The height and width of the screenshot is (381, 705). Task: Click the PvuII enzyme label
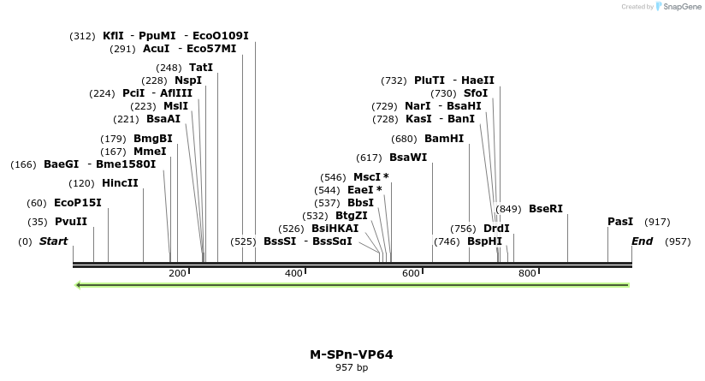point(71,222)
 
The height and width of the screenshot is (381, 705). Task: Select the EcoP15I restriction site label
point(78,203)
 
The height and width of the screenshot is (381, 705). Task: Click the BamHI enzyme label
point(444,139)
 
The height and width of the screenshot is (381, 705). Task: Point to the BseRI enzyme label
point(546,208)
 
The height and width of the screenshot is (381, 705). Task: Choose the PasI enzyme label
point(620,222)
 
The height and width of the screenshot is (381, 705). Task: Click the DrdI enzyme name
point(496,229)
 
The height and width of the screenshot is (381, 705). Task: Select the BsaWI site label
point(408,158)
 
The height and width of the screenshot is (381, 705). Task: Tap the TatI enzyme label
point(201,68)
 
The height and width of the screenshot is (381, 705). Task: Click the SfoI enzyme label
point(476,93)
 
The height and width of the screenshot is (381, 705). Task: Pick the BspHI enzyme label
point(484,241)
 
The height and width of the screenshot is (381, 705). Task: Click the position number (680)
point(404,139)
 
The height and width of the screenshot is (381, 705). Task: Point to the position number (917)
point(657,222)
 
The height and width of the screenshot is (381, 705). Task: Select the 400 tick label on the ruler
point(293,273)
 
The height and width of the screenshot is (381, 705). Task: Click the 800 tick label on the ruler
point(527,273)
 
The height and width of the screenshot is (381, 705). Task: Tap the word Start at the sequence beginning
point(53,241)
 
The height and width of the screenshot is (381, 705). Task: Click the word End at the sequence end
point(642,241)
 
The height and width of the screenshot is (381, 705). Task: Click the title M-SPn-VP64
point(352,354)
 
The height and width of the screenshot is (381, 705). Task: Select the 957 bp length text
point(352,367)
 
